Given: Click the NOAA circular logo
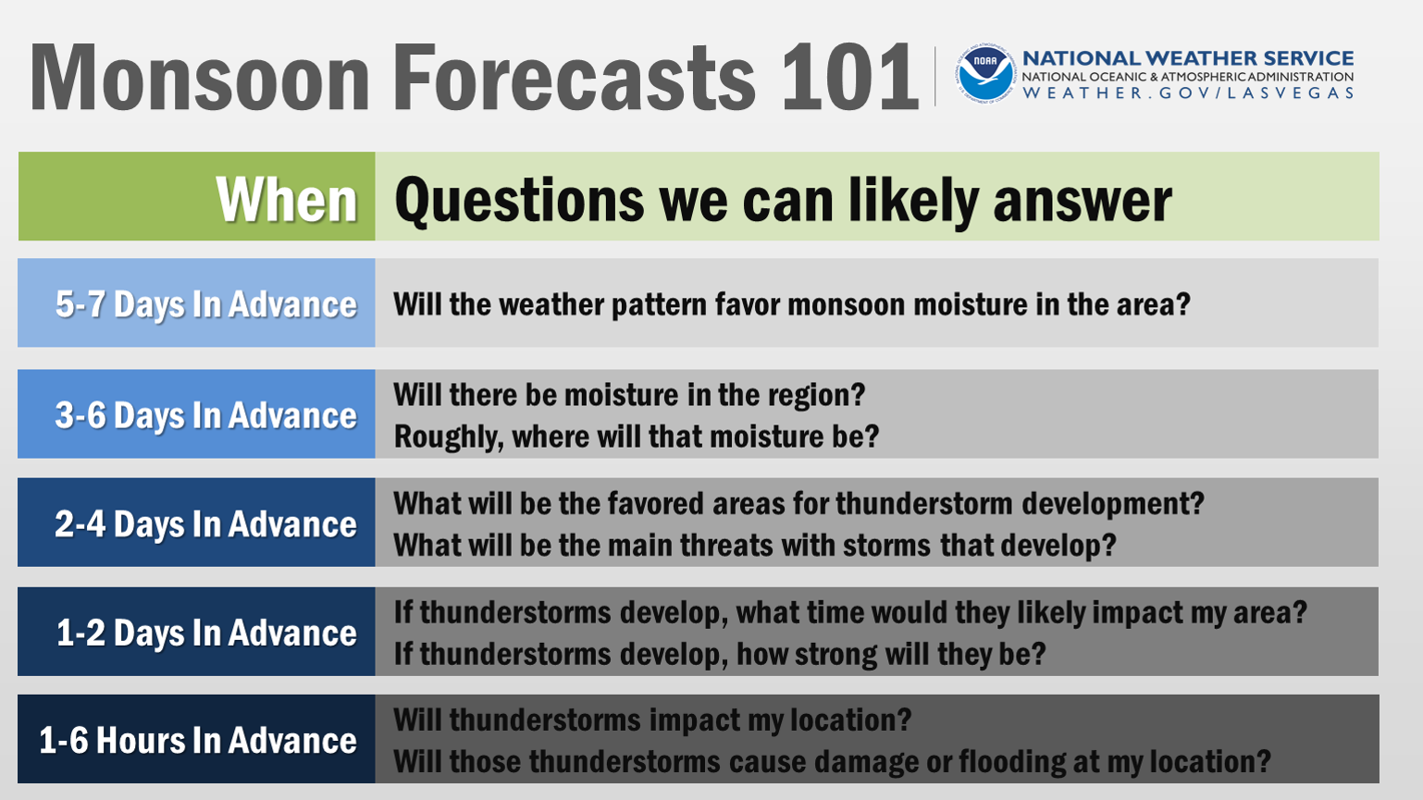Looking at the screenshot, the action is (985, 75).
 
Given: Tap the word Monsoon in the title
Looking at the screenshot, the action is (200, 78).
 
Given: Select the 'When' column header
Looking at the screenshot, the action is (287, 200).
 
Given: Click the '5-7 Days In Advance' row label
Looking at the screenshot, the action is (205, 304).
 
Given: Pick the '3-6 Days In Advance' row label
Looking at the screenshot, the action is (205, 415).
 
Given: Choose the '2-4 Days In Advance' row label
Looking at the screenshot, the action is (205, 523).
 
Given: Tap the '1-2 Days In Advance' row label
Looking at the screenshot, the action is (206, 633).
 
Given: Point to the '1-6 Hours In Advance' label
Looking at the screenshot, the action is (198, 740).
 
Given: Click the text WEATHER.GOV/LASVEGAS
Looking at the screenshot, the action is (1188, 93).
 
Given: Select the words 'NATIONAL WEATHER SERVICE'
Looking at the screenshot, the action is (1188, 58).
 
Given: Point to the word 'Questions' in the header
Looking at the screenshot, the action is (519, 201).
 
